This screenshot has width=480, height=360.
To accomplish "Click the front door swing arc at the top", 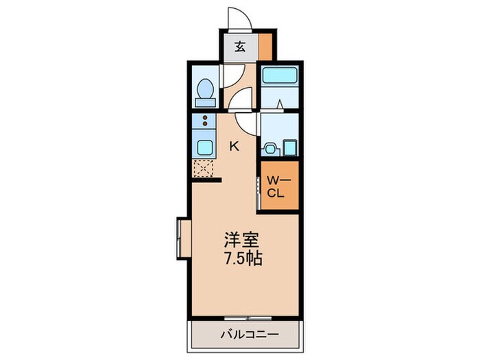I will [237, 19].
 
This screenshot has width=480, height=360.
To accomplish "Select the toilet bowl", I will [204, 91].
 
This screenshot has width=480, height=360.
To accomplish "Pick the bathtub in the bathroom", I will [279, 76].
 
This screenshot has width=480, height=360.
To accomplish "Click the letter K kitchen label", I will [235, 145].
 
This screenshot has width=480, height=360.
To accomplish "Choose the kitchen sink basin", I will [204, 146].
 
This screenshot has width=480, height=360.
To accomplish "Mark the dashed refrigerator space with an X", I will [204, 169].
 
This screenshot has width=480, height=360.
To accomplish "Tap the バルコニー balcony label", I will [245, 335].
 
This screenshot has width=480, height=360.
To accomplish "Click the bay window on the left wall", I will [182, 239].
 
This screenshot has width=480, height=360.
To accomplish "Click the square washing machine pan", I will [289, 147].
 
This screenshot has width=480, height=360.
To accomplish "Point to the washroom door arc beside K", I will [247, 123].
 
